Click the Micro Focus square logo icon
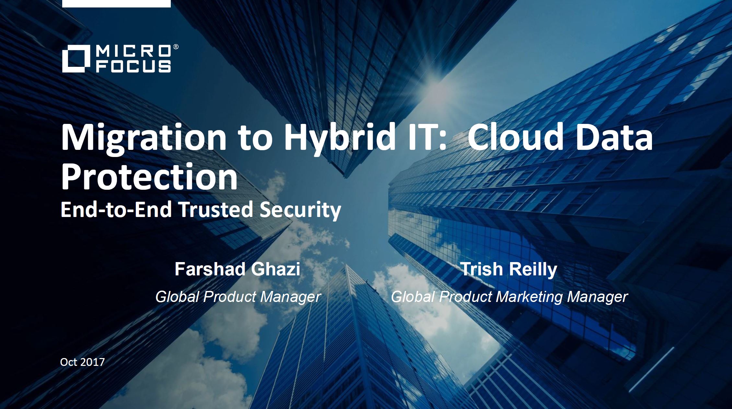(76, 59)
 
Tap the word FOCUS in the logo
(133, 66)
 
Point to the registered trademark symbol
(176, 47)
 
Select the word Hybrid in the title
(340, 138)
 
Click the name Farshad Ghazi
(237, 269)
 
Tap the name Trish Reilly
(508, 270)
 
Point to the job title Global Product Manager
(238, 297)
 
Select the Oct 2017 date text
(82, 362)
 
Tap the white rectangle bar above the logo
(116, 4)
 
